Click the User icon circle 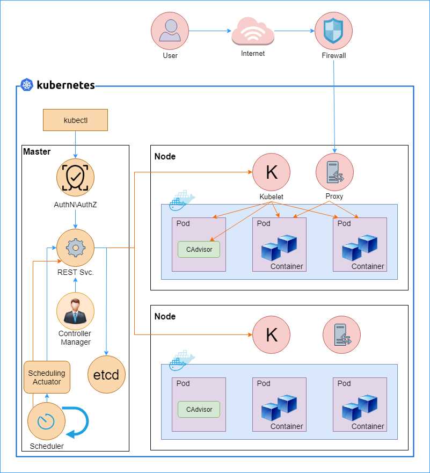[170, 31]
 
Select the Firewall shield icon [333, 31]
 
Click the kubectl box [75, 120]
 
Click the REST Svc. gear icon [75, 248]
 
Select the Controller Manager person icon [75, 311]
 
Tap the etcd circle [106, 374]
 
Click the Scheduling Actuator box [47, 377]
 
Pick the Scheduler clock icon [46, 421]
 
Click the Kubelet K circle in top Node [272, 172]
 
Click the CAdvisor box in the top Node [199, 249]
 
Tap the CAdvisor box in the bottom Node [199, 409]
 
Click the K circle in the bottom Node [272, 334]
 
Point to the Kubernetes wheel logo [27, 85]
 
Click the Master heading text [37, 151]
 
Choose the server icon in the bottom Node [341, 334]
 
